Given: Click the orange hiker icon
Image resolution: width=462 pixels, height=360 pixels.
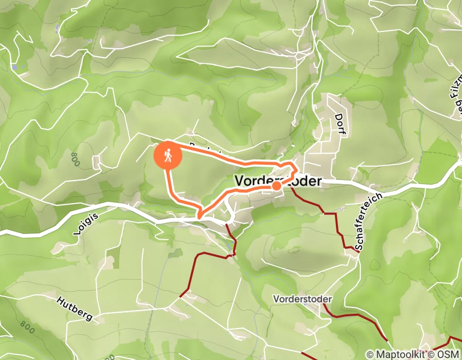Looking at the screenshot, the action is coord(168,154).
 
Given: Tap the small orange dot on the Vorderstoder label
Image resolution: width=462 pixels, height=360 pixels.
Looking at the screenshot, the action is coord(276,186).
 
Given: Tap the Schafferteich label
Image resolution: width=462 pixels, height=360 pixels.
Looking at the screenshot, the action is coord(368,221).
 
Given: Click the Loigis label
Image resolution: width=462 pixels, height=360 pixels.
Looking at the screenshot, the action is coord(85,225).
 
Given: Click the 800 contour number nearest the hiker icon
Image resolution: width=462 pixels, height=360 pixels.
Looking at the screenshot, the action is coord(76,159).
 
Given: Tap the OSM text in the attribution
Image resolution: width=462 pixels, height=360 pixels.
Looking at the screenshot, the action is coord(449,354).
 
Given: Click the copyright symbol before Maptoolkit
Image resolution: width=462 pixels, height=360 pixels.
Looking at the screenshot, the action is coord(371,354).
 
